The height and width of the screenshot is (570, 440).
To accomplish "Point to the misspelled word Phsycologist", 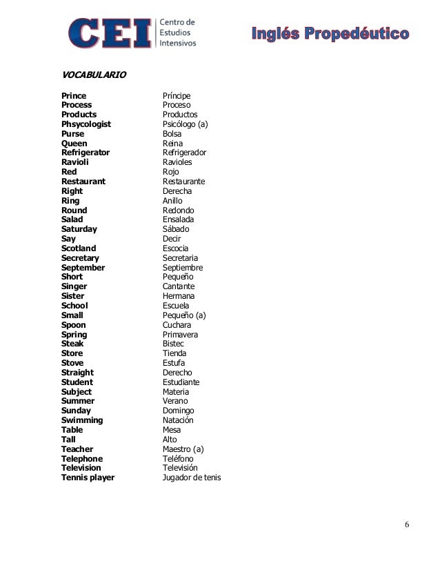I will pyautogui.click(x=86, y=124).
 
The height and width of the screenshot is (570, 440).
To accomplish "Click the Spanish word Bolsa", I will pyautogui.click(x=172, y=134).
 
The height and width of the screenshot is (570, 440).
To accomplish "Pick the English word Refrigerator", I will pyautogui.click(x=86, y=153).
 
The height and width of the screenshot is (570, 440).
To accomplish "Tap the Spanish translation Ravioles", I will pyautogui.click(x=177, y=162).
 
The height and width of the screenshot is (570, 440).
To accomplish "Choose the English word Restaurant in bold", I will pyautogui.click(x=83, y=181).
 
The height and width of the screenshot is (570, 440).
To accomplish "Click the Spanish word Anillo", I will pyautogui.click(x=172, y=201).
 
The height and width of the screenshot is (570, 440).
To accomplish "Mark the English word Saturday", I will pyautogui.click(x=79, y=229).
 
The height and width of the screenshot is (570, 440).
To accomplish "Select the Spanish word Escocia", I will pyautogui.click(x=175, y=248).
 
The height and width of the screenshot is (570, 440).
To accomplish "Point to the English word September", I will pyautogui.click(x=83, y=268).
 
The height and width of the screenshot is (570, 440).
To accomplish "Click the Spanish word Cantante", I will pyautogui.click(x=179, y=286).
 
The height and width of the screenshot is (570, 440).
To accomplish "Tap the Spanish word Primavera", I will pyautogui.click(x=180, y=335).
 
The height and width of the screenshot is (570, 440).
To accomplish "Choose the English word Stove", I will pyautogui.click(x=73, y=363).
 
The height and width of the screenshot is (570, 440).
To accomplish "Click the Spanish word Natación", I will pyautogui.click(x=178, y=420).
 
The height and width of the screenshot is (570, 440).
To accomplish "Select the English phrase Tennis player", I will pyautogui.click(x=88, y=478).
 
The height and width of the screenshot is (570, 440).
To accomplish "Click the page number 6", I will pyautogui.click(x=407, y=524).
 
